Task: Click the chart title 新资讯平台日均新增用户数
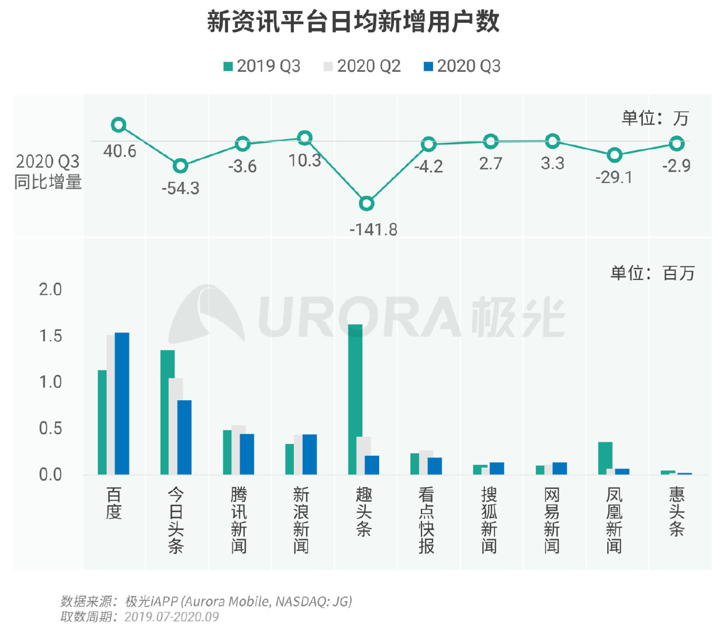[x=353, y=22]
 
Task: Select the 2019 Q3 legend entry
[x=262, y=66]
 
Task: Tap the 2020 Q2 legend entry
[x=362, y=66]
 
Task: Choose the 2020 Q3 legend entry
[x=462, y=66]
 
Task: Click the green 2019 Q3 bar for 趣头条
[x=355, y=399]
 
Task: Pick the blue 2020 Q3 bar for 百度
[x=122, y=403]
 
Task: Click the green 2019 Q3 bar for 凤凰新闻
[x=605, y=458]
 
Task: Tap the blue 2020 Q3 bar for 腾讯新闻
[x=247, y=454]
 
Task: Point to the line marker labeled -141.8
[x=366, y=203]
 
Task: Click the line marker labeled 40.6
[x=119, y=124]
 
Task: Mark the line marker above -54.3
[x=181, y=166]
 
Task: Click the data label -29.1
[x=614, y=177]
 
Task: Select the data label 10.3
[x=304, y=160]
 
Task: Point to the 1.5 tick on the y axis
[x=50, y=336]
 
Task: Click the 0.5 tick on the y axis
[x=50, y=428]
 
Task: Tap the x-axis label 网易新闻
[x=552, y=520]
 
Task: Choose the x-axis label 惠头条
[x=677, y=512]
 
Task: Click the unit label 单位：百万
[x=652, y=273]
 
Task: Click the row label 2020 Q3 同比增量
[x=48, y=172]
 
